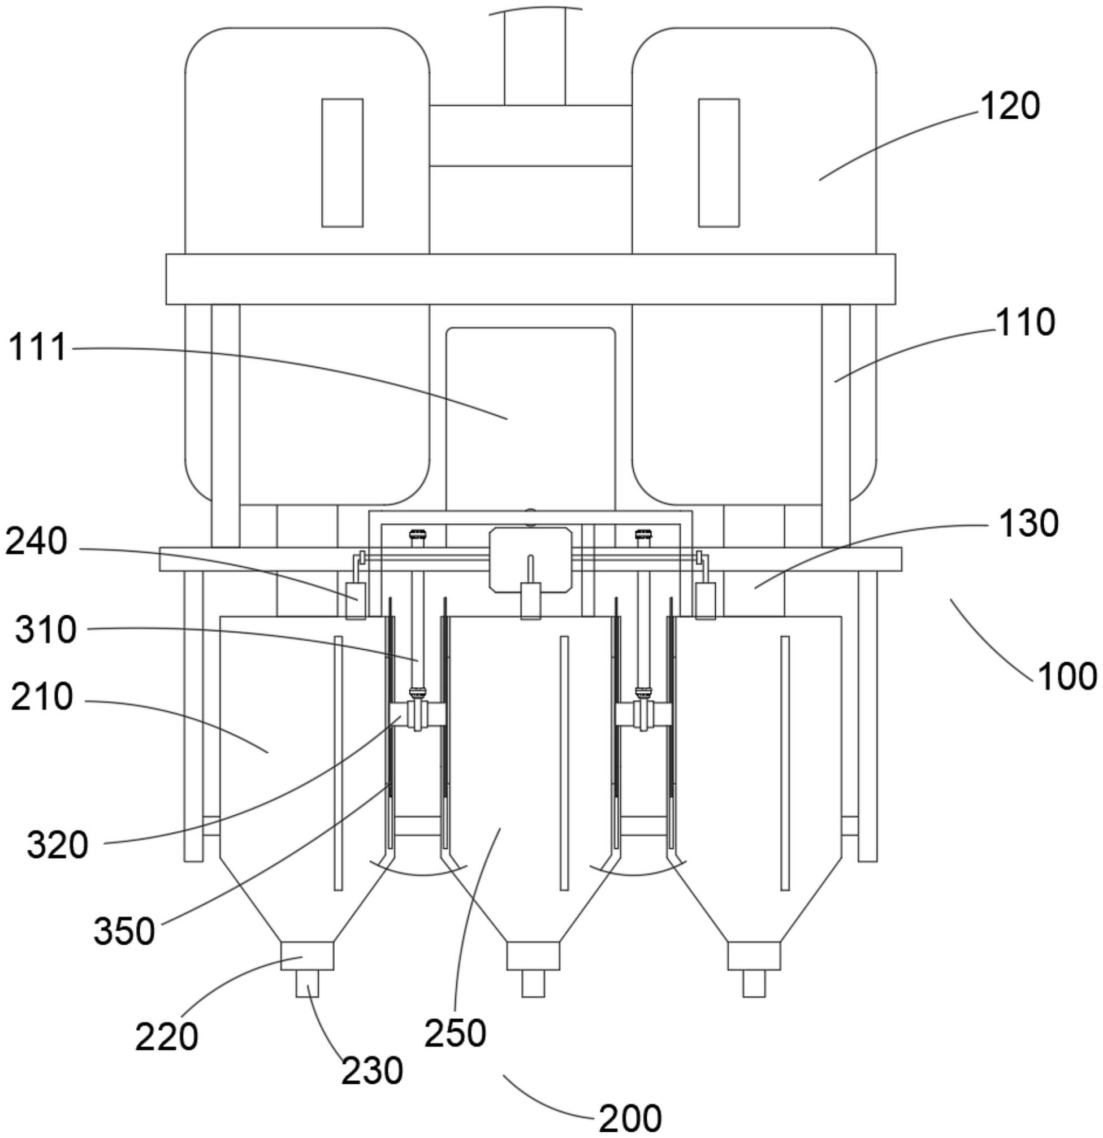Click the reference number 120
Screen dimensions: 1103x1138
click(x=1010, y=107)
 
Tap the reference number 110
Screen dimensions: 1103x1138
click(x=1025, y=323)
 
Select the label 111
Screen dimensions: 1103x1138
click(x=38, y=349)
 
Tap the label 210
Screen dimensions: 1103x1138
click(x=42, y=697)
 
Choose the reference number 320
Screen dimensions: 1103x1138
click(x=57, y=845)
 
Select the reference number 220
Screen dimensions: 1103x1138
click(x=167, y=1037)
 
